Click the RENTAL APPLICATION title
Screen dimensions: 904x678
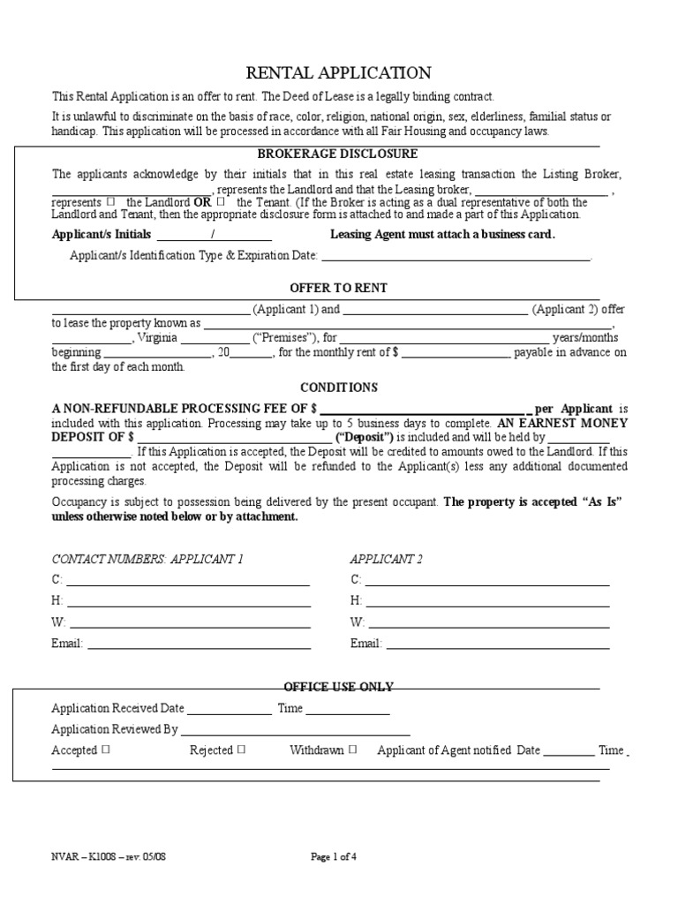click(339, 73)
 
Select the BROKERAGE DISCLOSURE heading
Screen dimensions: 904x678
click(338, 154)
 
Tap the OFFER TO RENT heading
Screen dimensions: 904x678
click(339, 289)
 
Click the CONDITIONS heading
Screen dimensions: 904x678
click(339, 388)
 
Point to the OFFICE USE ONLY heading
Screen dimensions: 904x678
click(338, 687)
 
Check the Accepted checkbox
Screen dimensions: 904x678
click(105, 750)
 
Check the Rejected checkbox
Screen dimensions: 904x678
click(241, 750)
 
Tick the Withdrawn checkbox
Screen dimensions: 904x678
click(352, 750)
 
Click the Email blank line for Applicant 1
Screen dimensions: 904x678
click(198, 644)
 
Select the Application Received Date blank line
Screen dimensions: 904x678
click(230, 709)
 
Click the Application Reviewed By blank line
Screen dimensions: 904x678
click(295, 730)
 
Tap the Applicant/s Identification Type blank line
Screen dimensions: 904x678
click(456, 256)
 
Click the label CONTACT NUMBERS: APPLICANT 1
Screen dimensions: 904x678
click(147, 560)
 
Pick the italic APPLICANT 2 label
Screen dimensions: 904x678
click(387, 560)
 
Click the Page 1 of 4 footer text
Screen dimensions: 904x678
click(335, 856)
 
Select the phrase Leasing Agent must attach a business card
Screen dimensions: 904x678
click(442, 235)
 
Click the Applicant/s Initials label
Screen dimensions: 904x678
click(102, 235)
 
